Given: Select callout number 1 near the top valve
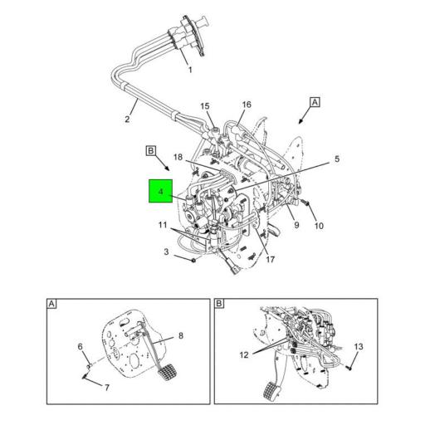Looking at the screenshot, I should pyautogui.click(x=189, y=71).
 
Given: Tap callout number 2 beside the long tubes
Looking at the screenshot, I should pyautogui.click(x=127, y=120).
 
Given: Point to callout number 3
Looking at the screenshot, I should pyautogui.click(x=166, y=251).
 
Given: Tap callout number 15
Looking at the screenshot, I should pyautogui.click(x=205, y=106).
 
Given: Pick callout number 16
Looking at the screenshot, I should pyautogui.click(x=246, y=105).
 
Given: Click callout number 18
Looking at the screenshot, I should pyautogui.click(x=177, y=158).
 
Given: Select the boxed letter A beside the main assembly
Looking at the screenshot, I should pyautogui.click(x=315, y=103).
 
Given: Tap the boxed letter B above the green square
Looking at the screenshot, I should pyautogui.click(x=151, y=150).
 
